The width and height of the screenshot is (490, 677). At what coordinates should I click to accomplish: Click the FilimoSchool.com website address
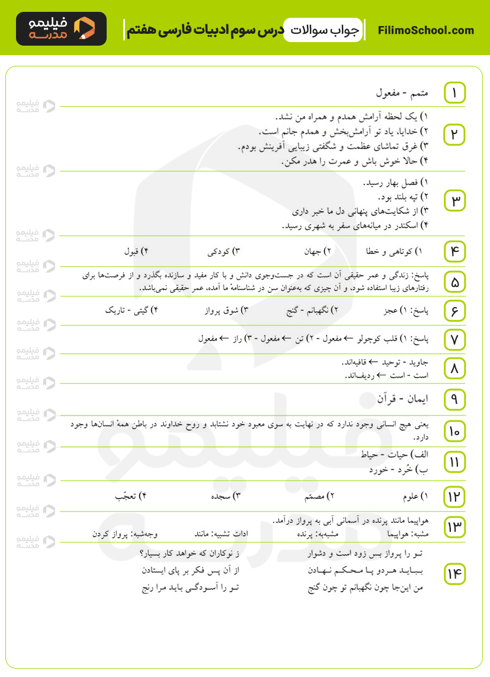click(426, 30)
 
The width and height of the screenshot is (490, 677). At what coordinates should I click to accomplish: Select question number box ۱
click(454, 93)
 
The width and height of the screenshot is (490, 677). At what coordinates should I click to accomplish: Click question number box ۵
click(454, 282)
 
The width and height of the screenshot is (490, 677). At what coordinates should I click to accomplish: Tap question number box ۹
click(454, 400)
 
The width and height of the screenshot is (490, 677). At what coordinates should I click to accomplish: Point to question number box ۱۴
click(454, 574)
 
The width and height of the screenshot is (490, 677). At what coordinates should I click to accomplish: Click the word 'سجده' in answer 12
click(223, 496)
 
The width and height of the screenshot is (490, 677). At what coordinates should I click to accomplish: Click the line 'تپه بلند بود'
click(402, 196)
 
